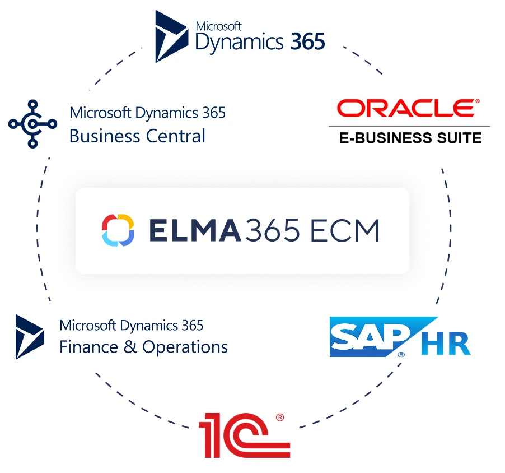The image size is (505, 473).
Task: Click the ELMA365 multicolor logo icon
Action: (x=118, y=230)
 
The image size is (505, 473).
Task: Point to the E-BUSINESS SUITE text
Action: (x=410, y=137)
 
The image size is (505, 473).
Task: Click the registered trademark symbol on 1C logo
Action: (x=280, y=418)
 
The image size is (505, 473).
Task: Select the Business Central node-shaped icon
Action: (x=32, y=124)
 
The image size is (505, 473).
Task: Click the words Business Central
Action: (x=138, y=136)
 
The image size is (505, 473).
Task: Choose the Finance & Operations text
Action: (x=143, y=347)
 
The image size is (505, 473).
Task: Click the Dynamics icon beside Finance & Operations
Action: (x=30, y=336)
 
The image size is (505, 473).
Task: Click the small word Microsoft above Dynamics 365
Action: (x=218, y=26)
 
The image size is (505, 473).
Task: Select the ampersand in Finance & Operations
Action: (x=130, y=347)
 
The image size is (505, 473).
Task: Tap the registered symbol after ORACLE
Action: (x=477, y=102)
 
